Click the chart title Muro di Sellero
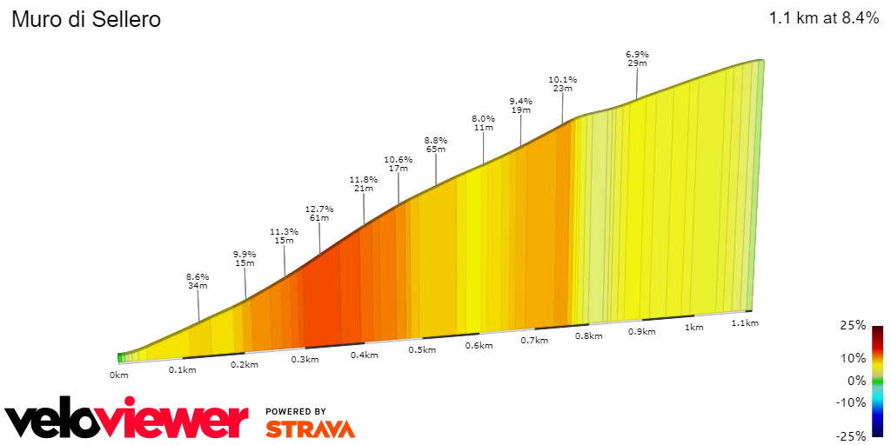pos(86,19)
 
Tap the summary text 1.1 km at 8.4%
pos(824,18)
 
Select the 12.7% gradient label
pos(319,209)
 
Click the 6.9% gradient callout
pos(637,54)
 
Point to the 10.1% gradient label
pos(562,79)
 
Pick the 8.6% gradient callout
pos(198,276)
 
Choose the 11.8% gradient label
pos(363,179)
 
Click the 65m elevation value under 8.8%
pos(436,149)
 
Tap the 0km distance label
pos(119,375)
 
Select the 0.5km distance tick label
pos(421,349)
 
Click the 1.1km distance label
pos(745,322)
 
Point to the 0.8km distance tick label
pos(589,335)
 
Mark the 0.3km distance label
pos(305,359)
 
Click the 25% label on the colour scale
pos(853,326)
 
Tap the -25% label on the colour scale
pos(850,435)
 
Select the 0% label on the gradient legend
pos(856,381)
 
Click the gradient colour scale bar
pos(877,381)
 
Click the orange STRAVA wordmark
pos(310,428)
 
